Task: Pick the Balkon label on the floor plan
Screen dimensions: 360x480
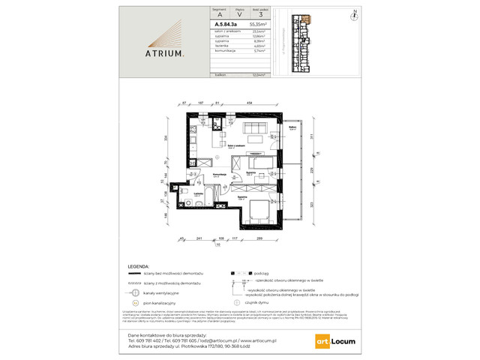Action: click(x=291, y=127)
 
